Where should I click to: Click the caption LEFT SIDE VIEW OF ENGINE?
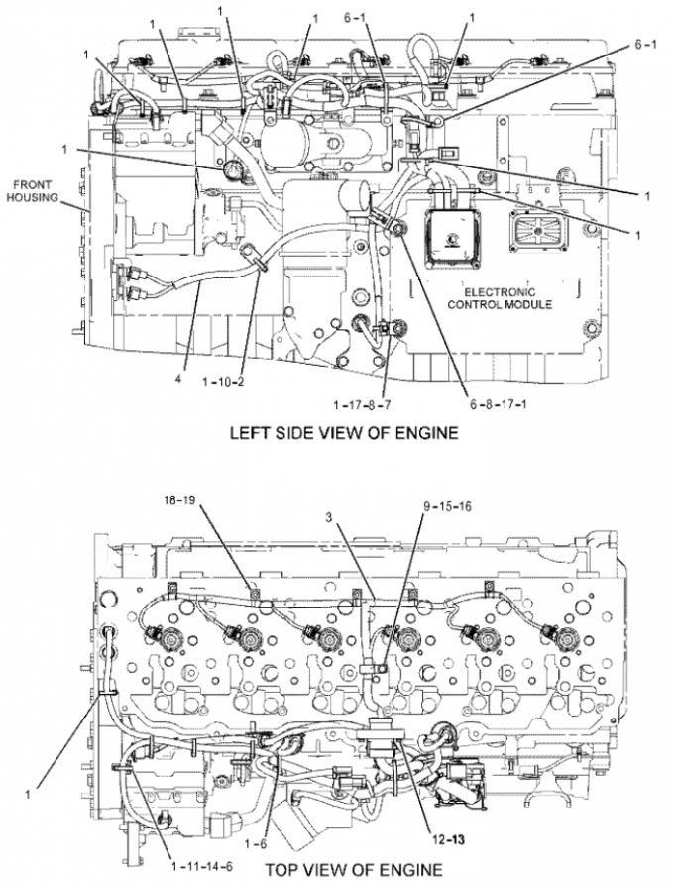pos(344,432)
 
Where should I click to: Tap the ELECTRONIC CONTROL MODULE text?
pos(504,297)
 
